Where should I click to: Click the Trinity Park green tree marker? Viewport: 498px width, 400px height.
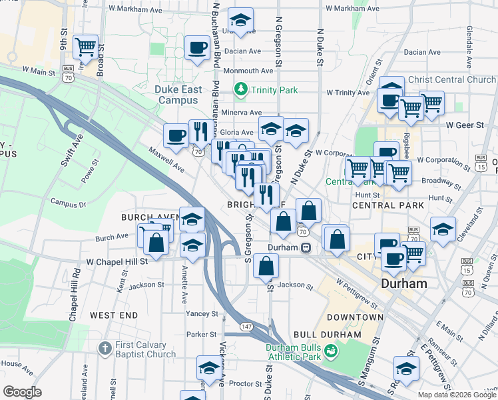click(240, 89)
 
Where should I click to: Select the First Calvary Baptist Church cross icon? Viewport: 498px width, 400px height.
click(105, 349)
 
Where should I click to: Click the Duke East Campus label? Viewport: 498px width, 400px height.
click(178, 95)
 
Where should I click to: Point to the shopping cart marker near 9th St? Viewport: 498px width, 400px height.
click(86, 46)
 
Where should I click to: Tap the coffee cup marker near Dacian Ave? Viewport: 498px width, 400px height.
click(196, 47)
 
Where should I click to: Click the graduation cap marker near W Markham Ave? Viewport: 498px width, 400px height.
click(240, 19)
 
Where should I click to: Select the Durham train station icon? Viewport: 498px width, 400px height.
click(306, 247)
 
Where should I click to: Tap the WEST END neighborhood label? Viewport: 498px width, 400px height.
click(114, 315)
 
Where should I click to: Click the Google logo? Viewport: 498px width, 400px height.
click(23, 392)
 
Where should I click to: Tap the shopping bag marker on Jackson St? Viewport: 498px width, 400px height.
click(266, 266)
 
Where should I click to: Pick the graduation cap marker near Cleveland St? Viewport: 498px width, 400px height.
click(443, 229)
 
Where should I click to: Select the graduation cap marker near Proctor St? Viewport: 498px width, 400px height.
click(209, 367)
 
